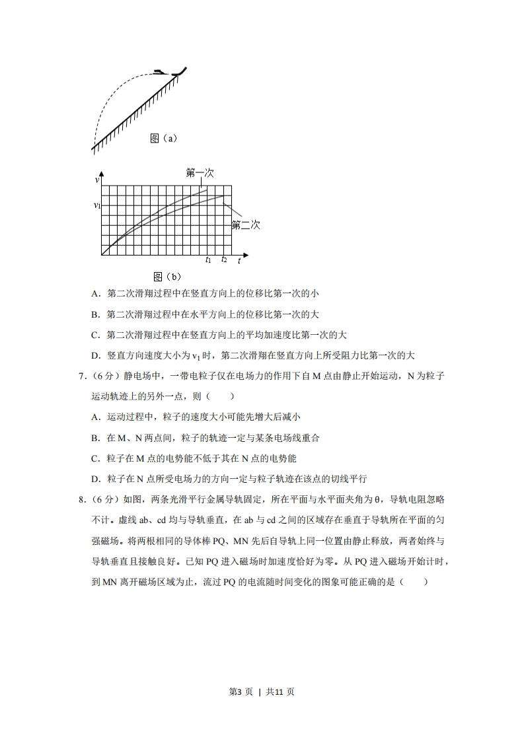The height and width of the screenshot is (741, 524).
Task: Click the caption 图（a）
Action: point(163,139)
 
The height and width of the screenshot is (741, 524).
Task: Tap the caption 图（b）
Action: point(167,277)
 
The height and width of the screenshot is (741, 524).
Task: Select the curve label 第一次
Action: point(199,173)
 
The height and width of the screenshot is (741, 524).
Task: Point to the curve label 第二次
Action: point(245,225)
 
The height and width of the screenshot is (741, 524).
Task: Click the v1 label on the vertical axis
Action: point(96,206)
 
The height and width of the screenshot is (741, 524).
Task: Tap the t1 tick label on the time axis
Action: point(207,260)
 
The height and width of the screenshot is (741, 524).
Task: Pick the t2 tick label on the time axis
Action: point(224,260)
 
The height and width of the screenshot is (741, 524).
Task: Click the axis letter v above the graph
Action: point(97,180)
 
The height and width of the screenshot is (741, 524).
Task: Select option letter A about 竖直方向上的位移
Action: point(95,294)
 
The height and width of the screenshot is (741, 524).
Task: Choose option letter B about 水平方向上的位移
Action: point(95,314)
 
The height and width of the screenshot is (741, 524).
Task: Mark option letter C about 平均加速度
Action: point(95,335)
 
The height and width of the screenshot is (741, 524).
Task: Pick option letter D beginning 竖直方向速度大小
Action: point(95,355)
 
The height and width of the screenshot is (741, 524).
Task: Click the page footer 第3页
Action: point(241,691)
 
